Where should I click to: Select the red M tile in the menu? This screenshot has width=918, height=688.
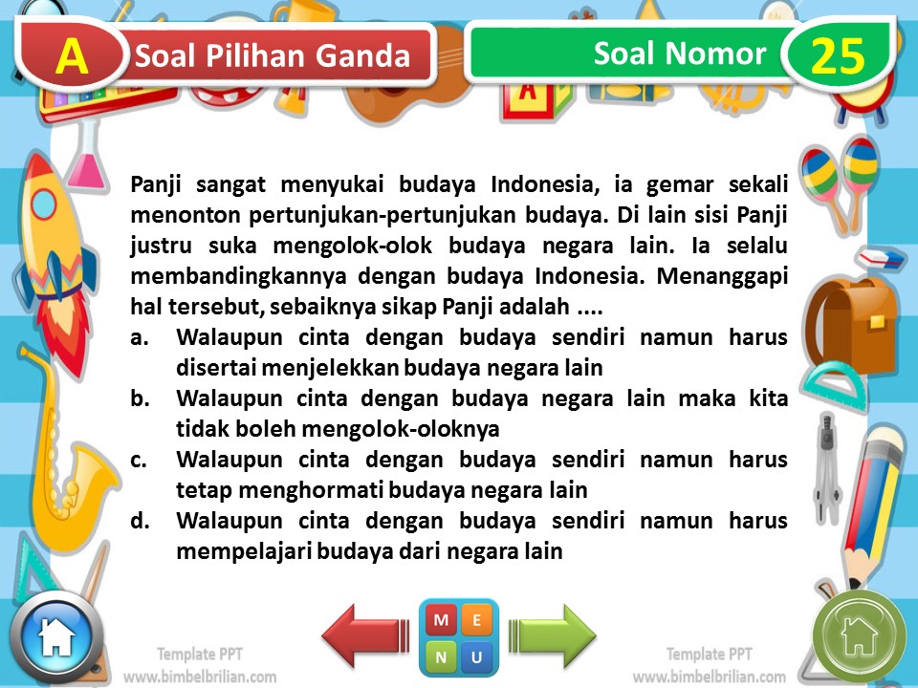click(441, 620)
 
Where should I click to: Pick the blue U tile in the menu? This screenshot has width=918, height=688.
click(477, 656)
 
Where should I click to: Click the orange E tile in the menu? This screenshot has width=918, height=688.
click(477, 620)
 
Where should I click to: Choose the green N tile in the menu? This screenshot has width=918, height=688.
click(441, 656)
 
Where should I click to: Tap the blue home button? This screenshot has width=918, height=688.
click(55, 636)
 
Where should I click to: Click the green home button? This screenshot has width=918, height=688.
click(858, 634)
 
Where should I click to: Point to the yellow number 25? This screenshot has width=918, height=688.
click(838, 57)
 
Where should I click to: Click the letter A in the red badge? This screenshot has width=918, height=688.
click(72, 57)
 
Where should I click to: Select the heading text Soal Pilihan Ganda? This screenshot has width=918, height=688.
click(273, 56)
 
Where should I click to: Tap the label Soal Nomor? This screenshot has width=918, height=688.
click(679, 54)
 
